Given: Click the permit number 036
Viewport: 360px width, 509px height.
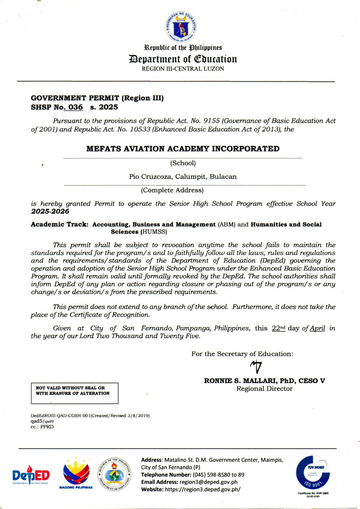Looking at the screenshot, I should pos(75,107).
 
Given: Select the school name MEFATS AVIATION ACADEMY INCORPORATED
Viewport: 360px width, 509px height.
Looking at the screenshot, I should pos(183,149).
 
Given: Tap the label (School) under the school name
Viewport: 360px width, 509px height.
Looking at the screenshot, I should pos(183,163).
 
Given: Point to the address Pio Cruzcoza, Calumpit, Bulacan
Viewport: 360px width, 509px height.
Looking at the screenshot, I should pos(183,177).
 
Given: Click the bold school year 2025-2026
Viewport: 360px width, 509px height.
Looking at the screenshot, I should pos(50,212).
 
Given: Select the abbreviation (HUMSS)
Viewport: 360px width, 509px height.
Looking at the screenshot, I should pos(154,232).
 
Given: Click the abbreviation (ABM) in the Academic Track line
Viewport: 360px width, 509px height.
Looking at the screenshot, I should pos(226,225).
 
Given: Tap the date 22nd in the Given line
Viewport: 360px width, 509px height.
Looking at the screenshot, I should pos(279,328).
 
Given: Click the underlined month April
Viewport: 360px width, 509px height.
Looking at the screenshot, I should pos(317,328).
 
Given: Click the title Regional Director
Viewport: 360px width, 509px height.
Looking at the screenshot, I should pos(264,389).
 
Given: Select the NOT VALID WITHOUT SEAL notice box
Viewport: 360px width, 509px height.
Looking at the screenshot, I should pos(74,393).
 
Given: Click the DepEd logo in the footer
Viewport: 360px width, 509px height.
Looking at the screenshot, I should pos(31,475).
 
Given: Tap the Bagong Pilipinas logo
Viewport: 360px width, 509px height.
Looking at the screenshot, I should pos(76,474).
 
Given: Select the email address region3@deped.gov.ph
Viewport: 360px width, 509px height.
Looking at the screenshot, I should pos(208,482).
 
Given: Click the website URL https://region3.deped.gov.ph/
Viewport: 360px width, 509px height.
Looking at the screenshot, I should pos(202,490).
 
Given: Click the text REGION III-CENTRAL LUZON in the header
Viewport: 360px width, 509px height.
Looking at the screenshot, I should pos(183,69).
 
